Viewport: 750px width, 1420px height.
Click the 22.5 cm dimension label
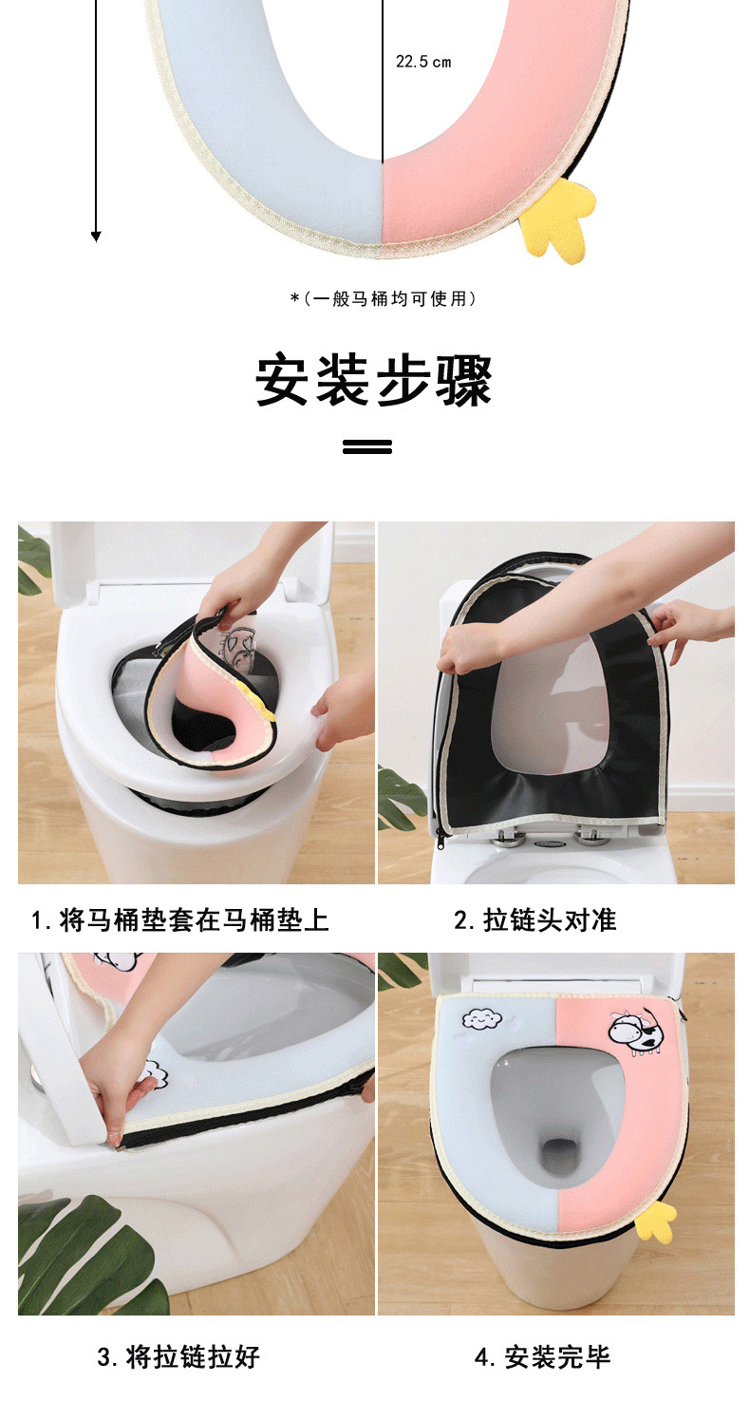pyautogui.click(x=423, y=62)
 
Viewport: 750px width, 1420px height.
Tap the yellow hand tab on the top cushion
pyautogui.click(x=556, y=219)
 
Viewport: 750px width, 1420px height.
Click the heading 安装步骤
pyautogui.click(x=374, y=380)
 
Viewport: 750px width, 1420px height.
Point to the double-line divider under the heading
pyautogui.click(x=367, y=447)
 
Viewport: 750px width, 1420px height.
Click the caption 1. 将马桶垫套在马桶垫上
pyautogui.click(x=180, y=920)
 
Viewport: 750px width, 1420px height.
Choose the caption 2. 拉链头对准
pyautogui.click(x=535, y=920)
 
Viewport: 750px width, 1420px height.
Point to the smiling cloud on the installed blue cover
pyautogui.click(x=482, y=1019)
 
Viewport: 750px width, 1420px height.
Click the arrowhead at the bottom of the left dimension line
pyautogui.click(x=96, y=237)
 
